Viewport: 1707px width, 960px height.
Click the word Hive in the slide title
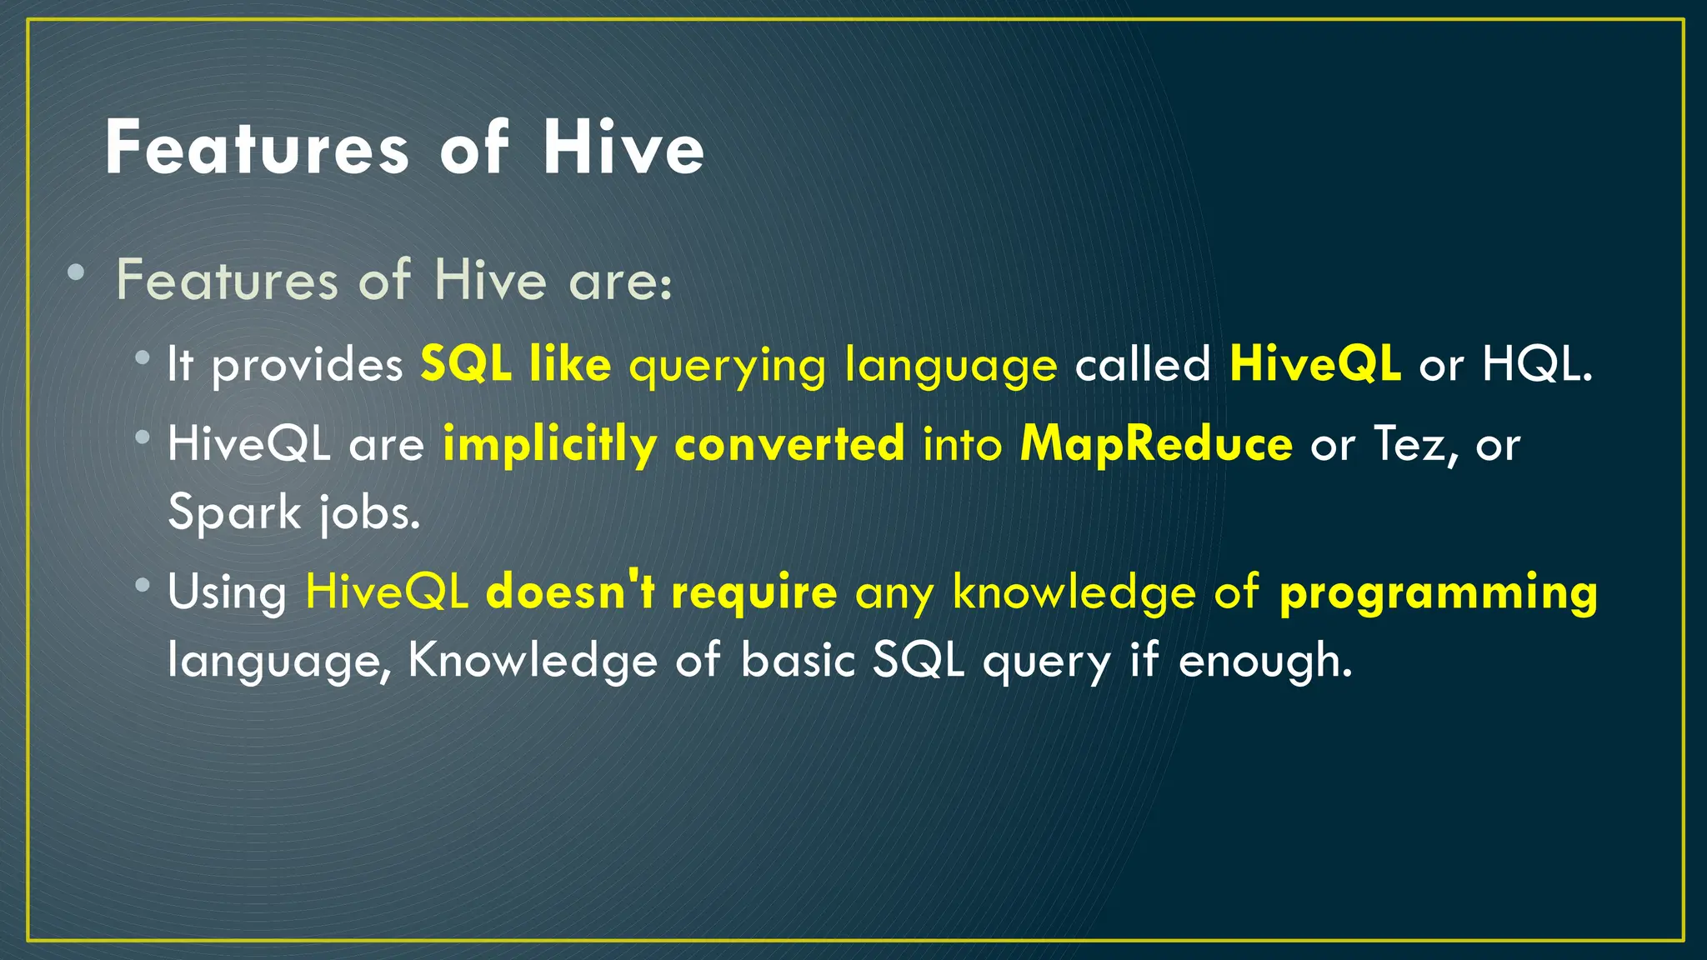623,148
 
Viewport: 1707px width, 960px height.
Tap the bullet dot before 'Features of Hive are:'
76,272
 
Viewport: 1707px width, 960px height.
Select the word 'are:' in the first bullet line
619,281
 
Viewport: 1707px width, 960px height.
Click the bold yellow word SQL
465,364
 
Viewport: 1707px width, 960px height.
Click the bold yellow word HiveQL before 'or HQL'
1314,364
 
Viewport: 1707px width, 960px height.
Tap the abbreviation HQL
1536,364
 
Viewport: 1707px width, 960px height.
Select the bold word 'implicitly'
549,444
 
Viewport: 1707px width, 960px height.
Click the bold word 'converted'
789,443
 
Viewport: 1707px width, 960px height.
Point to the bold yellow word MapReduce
1156,443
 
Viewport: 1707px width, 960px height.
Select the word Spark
234,511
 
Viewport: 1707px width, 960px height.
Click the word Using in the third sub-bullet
227,592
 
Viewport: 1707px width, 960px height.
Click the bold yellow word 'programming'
1438,592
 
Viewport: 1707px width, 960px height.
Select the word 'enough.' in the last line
1264,661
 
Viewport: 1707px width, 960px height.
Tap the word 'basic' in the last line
798,660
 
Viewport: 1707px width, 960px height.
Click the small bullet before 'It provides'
143,358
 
